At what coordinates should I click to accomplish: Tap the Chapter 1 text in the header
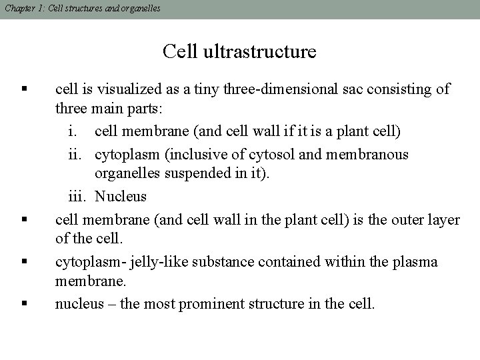[22, 8]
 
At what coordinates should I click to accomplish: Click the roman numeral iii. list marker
[79, 197]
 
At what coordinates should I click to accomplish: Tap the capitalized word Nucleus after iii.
[121, 197]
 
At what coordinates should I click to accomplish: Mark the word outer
[411, 219]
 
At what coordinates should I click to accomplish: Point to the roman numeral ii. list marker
[79, 155]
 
